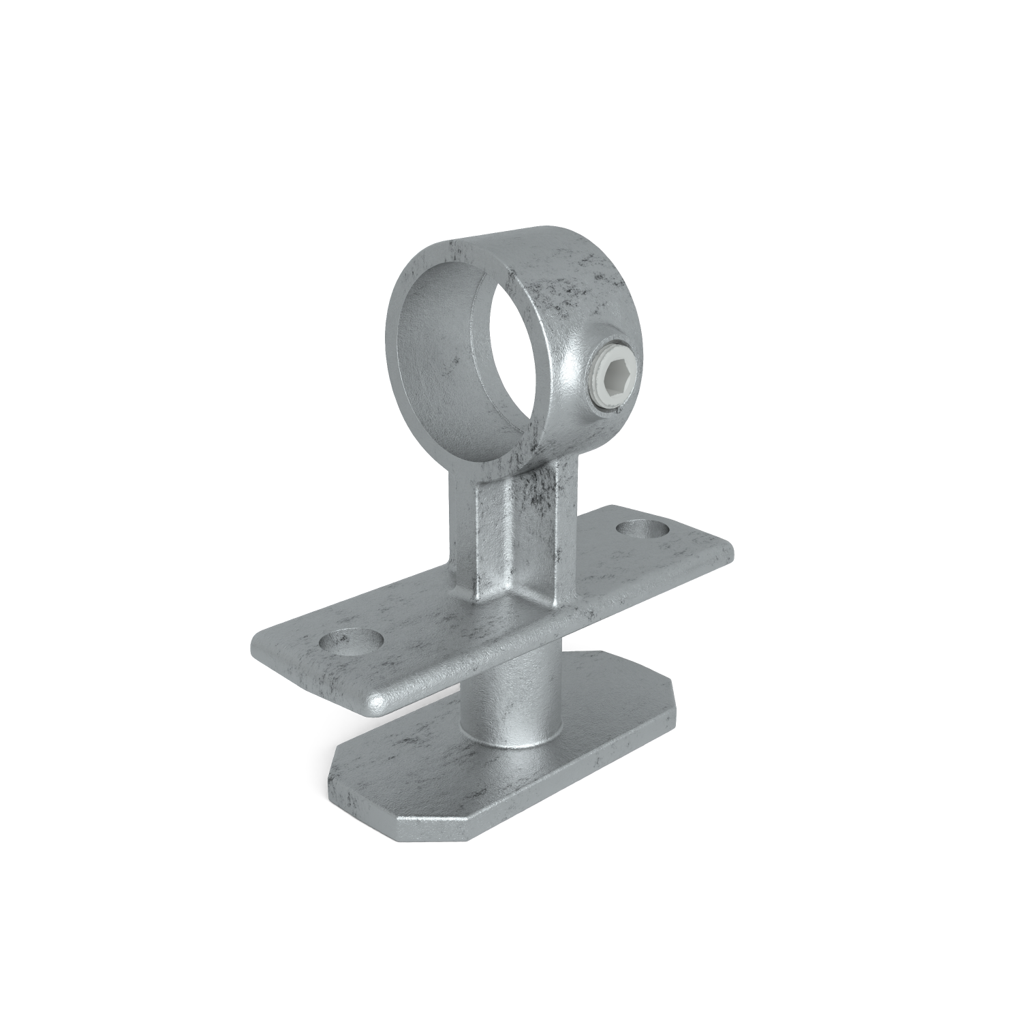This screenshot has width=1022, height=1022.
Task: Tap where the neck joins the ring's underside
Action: pos(518,470)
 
